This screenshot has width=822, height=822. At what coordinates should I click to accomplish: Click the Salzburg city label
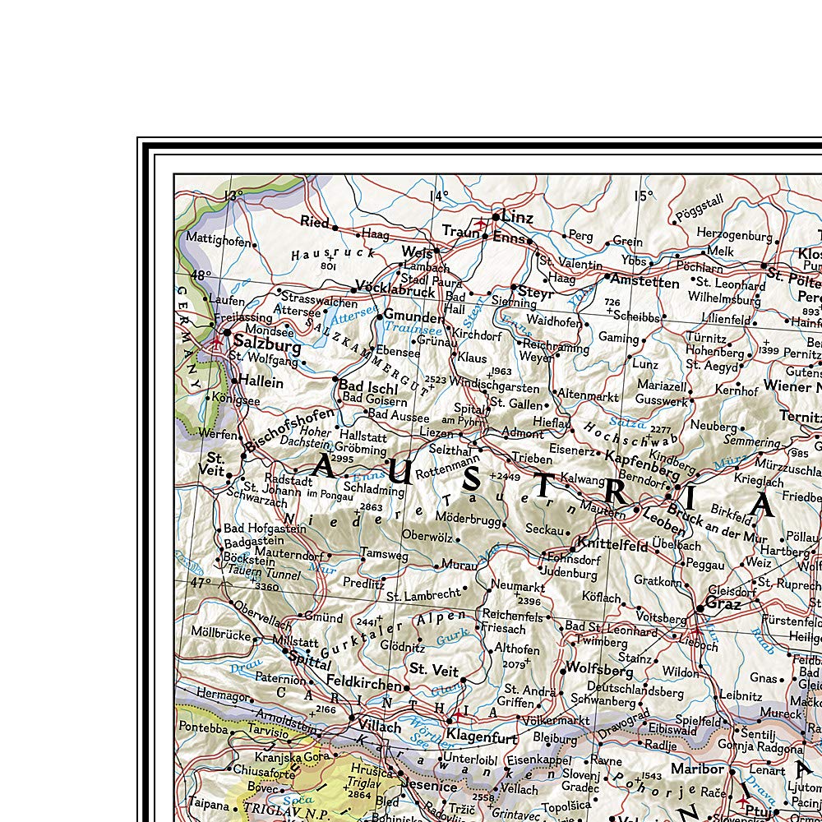point(267,342)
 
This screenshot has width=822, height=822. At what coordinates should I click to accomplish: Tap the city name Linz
point(517,218)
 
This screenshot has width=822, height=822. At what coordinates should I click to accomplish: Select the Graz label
point(723,604)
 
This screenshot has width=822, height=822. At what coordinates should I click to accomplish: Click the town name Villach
point(379,727)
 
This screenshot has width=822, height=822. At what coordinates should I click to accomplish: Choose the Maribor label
point(698,769)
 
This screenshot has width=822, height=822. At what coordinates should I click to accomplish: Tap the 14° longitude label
point(438,196)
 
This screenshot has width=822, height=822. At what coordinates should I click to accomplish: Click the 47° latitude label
point(201,583)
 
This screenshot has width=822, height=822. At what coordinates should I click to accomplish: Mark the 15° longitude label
point(643,196)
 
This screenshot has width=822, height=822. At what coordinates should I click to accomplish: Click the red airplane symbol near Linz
point(480,223)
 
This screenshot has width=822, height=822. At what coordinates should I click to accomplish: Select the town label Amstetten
point(644,283)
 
